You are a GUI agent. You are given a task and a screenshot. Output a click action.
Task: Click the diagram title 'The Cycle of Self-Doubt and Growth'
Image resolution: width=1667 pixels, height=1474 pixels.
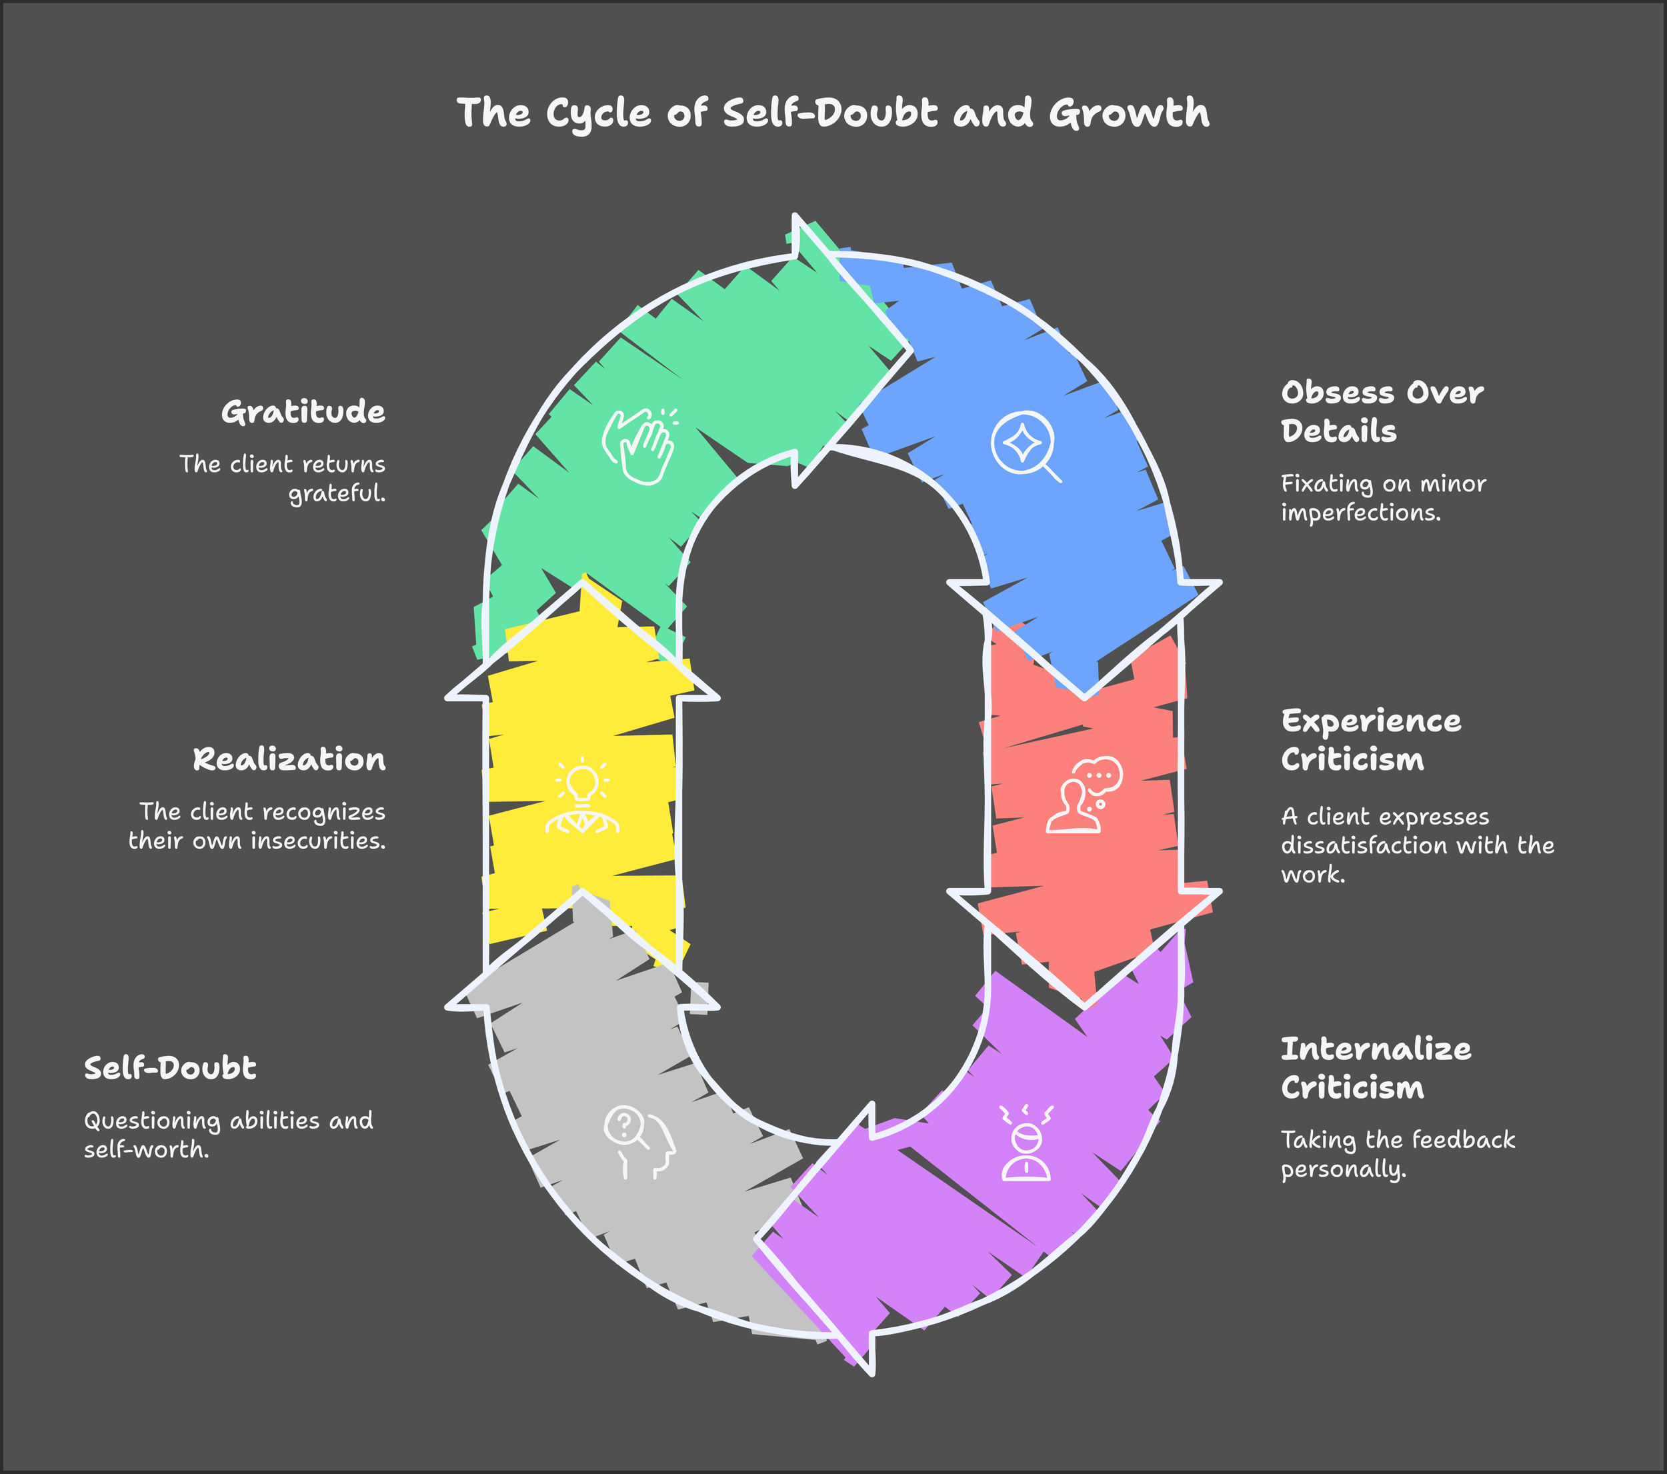pos(833,113)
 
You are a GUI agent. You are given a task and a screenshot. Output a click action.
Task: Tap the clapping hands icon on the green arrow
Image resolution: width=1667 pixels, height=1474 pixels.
pos(639,446)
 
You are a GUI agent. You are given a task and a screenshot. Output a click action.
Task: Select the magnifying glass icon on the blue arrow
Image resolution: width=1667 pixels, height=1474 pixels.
pos(1025,446)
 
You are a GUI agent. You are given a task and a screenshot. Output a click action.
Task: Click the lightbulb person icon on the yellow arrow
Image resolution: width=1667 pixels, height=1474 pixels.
pos(581,797)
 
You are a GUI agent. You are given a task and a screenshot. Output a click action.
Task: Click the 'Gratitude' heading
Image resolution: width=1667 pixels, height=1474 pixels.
pos(303,413)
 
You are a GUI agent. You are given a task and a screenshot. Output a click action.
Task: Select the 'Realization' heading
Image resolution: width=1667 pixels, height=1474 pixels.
pos(289,760)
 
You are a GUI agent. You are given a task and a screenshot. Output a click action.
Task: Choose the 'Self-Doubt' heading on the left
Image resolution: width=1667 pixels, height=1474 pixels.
pos(171,1068)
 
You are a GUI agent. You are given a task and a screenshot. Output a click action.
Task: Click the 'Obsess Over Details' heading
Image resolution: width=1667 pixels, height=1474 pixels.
pos(1382,412)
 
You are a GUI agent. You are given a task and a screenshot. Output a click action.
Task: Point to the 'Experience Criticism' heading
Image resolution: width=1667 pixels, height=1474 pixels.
pos(1371,740)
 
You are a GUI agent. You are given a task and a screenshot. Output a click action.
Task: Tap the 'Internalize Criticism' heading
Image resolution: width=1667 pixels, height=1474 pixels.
pos(1376,1068)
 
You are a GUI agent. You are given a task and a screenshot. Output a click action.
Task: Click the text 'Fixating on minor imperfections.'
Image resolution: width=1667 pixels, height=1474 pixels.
pos(1383,498)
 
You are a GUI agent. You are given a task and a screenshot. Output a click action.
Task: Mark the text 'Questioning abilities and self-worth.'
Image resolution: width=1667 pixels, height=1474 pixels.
pos(228,1135)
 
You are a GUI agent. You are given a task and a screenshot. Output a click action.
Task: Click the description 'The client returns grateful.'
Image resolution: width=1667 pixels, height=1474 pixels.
pos(282,479)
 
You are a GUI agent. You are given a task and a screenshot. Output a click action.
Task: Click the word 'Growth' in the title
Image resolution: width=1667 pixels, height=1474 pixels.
pos(1129,113)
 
